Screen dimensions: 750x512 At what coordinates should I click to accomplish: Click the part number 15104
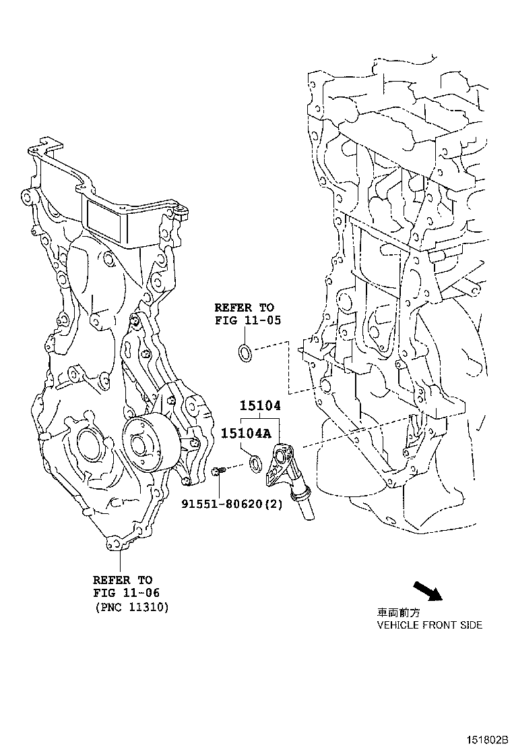click(x=261, y=407)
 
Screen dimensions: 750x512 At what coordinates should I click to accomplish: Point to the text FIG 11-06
click(x=123, y=593)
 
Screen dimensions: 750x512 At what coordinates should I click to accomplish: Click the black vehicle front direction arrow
click(x=426, y=591)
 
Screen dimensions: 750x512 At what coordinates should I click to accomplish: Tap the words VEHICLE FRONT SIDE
click(x=429, y=625)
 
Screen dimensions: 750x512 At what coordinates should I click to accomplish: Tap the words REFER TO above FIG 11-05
click(x=244, y=308)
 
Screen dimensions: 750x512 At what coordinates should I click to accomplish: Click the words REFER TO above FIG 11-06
click(x=123, y=579)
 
